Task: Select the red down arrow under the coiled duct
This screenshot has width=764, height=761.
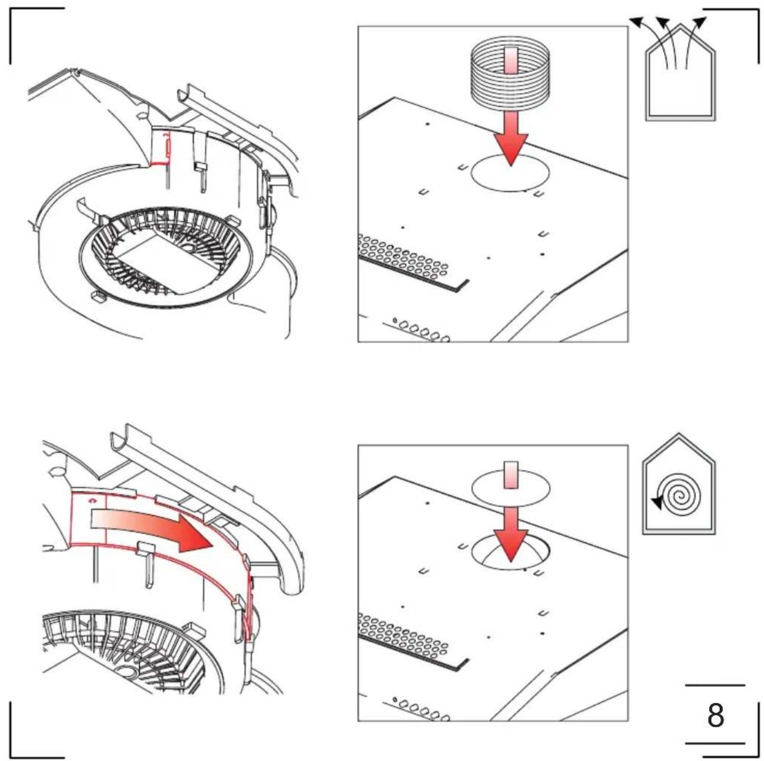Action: pyautogui.click(x=510, y=137)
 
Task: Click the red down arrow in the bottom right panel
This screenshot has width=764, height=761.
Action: pyautogui.click(x=510, y=534)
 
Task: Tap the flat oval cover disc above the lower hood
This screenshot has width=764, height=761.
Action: pyautogui.click(x=510, y=487)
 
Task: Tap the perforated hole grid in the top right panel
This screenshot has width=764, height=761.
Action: pyautogui.click(x=402, y=256)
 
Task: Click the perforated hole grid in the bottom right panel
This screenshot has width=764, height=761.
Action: pyautogui.click(x=402, y=634)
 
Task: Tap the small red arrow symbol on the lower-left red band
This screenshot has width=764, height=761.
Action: pyautogui.click(x=93, y=500)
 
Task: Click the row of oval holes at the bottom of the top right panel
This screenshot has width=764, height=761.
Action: pyautogui.click(x=422, y=330)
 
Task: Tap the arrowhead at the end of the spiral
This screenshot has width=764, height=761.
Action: pyautogui.click(x=657, y=503)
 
